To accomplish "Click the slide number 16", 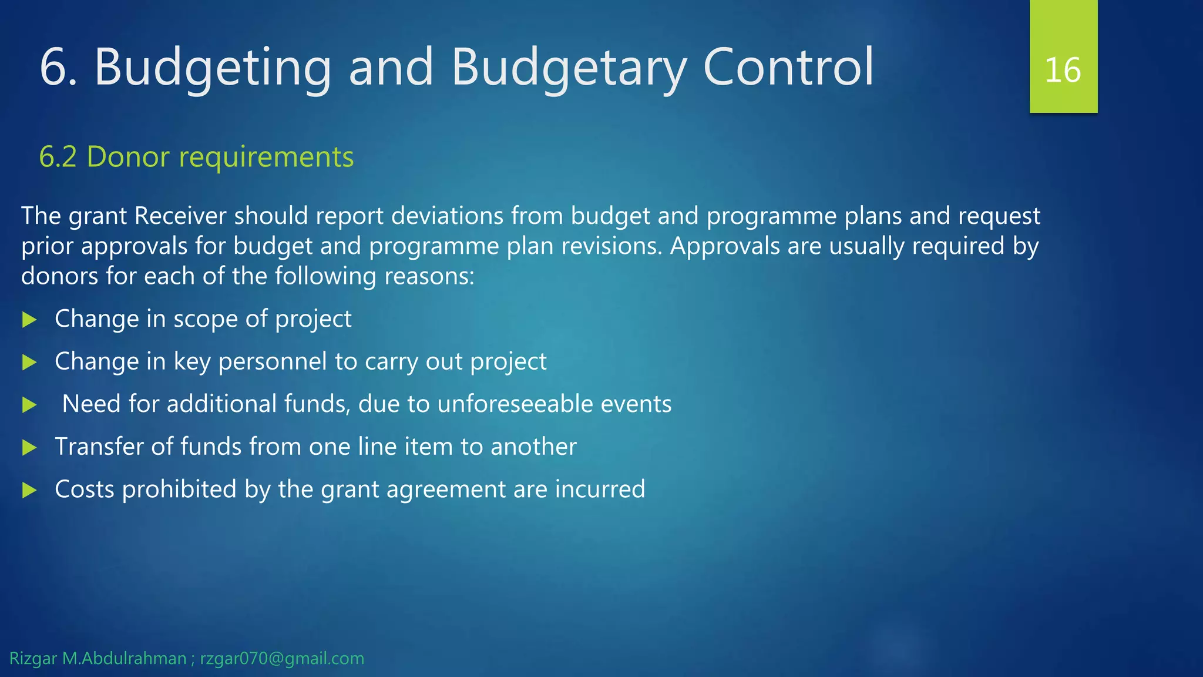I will [x=1063, y=71].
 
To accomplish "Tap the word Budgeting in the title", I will [x=213, y=68].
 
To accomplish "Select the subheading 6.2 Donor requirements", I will [x=196, y=157].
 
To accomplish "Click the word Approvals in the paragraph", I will [x=725, y=246].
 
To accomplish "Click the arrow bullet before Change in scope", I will [x=29, y=320].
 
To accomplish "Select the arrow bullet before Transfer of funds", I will [x=29, y=448].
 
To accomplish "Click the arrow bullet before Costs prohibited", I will [x=29, y=490].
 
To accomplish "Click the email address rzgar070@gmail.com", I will [x=282, y=659].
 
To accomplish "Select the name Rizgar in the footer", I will [x=33, y=659].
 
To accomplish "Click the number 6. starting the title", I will [x=58, y=68].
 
